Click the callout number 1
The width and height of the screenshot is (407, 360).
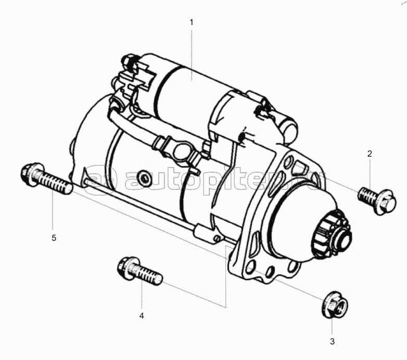pyautogui.click(x=192, y=22)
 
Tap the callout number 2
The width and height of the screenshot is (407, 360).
pyautogui.click(x=370, y=154)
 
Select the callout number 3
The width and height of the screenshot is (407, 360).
pyautogui.click(x=332, y=342)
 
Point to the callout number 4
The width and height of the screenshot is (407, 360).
pyautogui.click(x=142, y=316)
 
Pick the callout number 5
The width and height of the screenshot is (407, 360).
pyautogui.click(x=54, y=238)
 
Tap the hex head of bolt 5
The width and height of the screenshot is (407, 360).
pyautogui.click(x=31, y=175)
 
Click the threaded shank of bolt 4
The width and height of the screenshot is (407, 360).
pyautogui.click(x=148, y=275)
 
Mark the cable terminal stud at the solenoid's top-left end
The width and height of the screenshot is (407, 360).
pyautogui.click(x=129, y=62)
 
